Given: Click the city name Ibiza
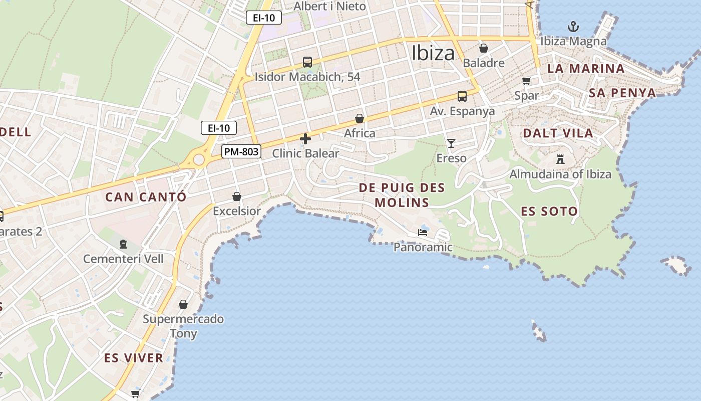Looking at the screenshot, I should click(x=433, y=53).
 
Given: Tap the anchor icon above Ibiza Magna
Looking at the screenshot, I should click(x=573, y=26).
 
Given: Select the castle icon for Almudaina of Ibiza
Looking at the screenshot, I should click(x=560, y=159).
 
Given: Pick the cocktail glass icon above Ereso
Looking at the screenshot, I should click(x=451, y=143).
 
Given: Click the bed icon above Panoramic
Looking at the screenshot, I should click(x=423, y=233).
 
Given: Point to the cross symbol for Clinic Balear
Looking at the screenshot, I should click(x=305, y=139).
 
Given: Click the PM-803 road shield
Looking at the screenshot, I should click(x=242, y=151).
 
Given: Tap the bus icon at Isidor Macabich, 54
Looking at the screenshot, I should click(x=307, y=62).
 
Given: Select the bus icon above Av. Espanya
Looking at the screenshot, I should click(x=462, y=96).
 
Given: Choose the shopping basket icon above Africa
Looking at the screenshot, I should click(x=360, y=118).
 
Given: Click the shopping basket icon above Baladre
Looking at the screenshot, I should click(x=484, y=48).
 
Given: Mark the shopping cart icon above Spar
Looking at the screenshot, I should click(x=526, y=81).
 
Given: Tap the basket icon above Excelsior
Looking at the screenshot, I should click(x=237, y=196).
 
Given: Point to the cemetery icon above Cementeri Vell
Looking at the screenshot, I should click(x=123, y=245).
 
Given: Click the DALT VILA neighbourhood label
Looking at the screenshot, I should click(x=558, y=133).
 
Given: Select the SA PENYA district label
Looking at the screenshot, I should click(x=622, y=93).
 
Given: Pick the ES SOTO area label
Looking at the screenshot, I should click(x=549, y=211).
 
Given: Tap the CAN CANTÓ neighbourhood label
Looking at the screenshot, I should click(x=145, y=197).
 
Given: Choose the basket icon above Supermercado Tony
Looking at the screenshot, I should click(x=183, y=304).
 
